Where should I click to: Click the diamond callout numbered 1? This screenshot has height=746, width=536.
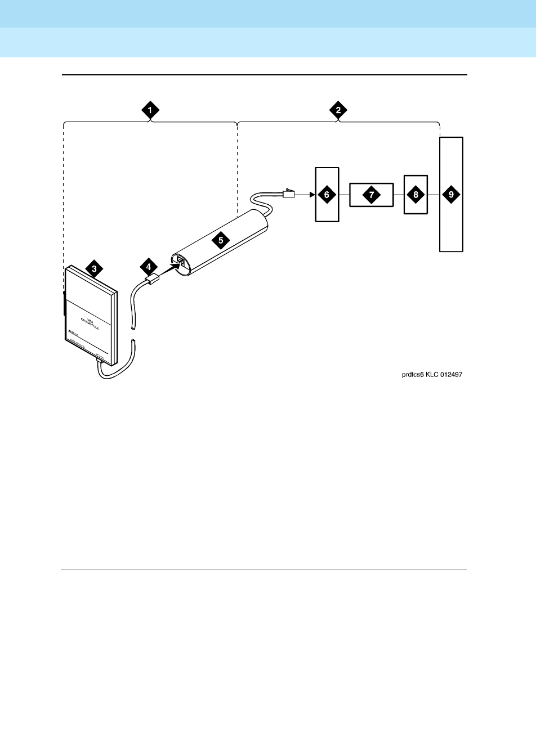(150, 111)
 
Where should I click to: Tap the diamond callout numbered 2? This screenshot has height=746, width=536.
(338, 111)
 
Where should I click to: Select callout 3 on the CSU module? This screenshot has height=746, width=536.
(94, 269)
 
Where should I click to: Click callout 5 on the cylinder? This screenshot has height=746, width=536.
(221, 240)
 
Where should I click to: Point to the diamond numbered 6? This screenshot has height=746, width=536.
(327, 195)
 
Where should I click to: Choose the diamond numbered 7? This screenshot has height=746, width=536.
(371, 195)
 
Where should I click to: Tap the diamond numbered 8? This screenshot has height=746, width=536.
(416, 195)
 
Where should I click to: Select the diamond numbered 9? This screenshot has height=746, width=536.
(451, 195)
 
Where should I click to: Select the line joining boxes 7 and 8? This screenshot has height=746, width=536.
(399, 195)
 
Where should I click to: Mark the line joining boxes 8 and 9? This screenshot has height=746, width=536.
(433, 195)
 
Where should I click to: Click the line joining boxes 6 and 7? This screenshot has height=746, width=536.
(344, 195)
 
